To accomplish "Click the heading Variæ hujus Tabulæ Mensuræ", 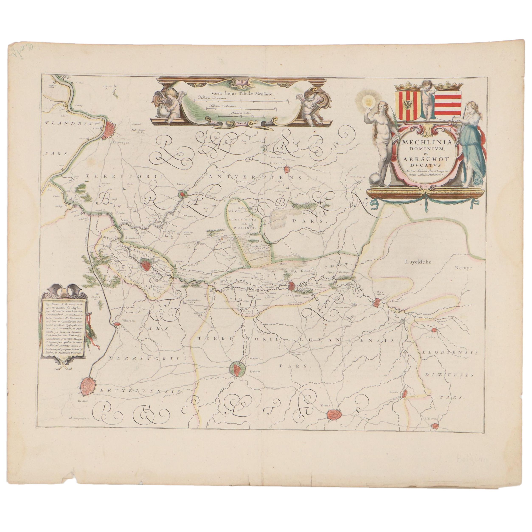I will pyautogui.click(x=236, y=93).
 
